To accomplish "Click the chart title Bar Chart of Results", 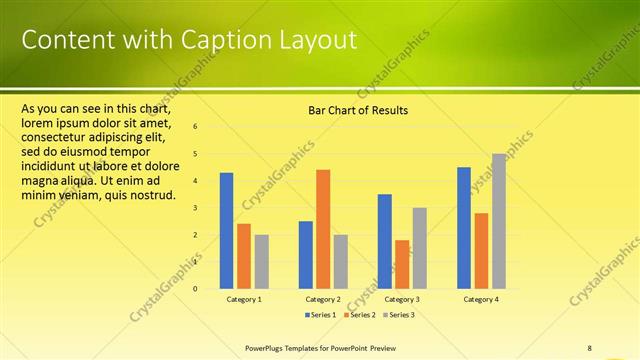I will click(x=357, y=110).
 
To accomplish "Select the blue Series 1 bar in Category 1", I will click(x=227, y=231).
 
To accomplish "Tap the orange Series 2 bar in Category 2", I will click(x=323, y=229).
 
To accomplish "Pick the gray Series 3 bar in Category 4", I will click(x=498, y=221).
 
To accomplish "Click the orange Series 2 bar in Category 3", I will click(x=402, y=264).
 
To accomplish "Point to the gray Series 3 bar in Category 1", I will click(x=261, y=262).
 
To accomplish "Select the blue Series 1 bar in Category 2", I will click(x=306, y=255).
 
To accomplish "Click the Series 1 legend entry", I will click(x=320, y=315).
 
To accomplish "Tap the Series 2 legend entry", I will click(x=359, y=315).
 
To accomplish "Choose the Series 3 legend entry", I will click(x=398, y=315).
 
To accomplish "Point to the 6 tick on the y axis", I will click(x=195, y=127).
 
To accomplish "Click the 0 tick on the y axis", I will click(x=195, y=289).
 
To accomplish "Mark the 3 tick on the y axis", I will click(x=195, y=208).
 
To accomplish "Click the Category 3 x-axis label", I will click(x=402, y=299).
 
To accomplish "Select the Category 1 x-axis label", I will click(x=244, y=299).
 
